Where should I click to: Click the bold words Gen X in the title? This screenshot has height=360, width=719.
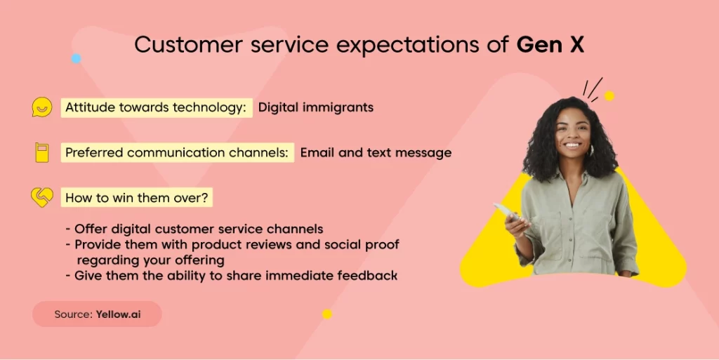coord(550,45)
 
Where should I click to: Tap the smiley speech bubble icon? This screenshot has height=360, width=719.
coord(41,107)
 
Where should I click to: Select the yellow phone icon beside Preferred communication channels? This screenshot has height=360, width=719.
coord(41,152)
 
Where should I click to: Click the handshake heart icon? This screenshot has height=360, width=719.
coord(41,197)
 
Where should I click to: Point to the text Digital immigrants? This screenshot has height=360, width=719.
coord(315,107)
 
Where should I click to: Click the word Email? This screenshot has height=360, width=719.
coord(317,152)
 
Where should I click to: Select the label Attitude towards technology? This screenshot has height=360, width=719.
coord(157,107)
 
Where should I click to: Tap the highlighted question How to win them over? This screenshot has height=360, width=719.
coord(137,198)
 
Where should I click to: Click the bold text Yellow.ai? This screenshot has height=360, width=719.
coord(118,314)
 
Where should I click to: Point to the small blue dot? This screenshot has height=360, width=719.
coord(76,59)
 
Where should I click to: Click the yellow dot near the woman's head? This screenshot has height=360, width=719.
coord(609,95)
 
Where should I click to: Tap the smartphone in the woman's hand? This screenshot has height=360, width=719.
coord(507,212)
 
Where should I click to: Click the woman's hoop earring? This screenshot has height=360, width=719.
coord(591,150)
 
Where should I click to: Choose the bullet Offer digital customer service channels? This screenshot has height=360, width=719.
coord(194,229)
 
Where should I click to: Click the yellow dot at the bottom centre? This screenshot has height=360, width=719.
coord(327,314)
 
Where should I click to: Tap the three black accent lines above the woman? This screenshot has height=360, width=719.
coord(593,89)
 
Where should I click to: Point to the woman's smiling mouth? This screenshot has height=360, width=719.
coord(572,145)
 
